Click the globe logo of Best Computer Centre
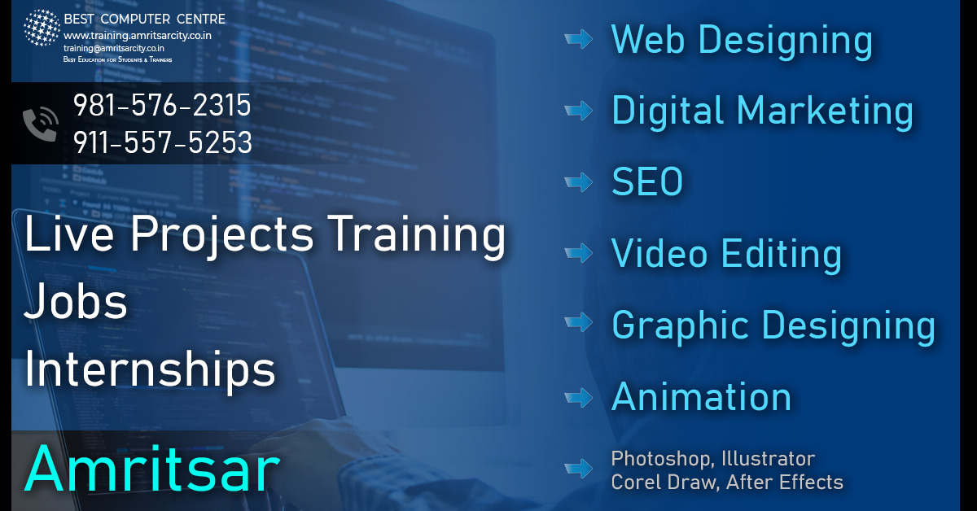click(42, 28)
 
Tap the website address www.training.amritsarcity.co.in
click(138, 36)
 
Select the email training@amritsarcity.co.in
click(114, 48)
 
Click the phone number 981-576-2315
click(162, 105)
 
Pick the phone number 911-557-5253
click(162, 142)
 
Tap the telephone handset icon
click(41, 124)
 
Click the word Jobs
click(76, 301)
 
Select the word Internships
click(150, 369)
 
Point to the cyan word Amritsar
click(151, 469)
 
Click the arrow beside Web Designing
click(578, 39)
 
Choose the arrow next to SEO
click(578, 181)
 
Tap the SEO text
click(647, 181)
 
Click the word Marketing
click(825, 111)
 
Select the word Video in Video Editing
click(659, 253)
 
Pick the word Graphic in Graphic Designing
click(681, 325)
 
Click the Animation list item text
click(701, 396)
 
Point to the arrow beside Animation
click(578, 397)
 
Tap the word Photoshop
click(663, 459)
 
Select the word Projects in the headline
click(222, 234)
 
